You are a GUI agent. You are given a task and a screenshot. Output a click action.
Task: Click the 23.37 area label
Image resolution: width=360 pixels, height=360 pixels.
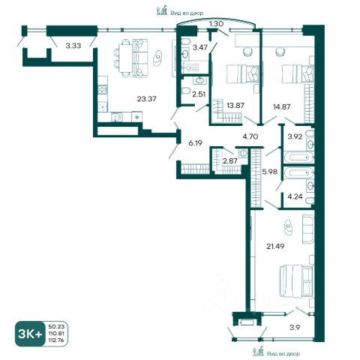pyautogui.click(x=146, y=99)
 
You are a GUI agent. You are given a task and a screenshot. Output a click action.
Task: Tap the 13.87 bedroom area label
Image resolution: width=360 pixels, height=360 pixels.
pyautogui.click(x=235, y=105)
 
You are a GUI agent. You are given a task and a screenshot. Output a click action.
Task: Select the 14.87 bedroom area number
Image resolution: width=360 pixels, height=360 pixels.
pyautogui.click(x=281, y=106)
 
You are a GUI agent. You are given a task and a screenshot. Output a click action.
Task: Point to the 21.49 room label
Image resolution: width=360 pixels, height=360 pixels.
pyautogui.click(x=275, y=246)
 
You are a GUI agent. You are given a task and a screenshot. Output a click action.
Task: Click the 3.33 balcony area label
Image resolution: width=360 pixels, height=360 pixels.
pyautogui.click(x=73, y=46)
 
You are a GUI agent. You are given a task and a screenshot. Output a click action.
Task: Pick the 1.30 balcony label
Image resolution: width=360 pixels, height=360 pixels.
pyautogui.click(x=216, y=24)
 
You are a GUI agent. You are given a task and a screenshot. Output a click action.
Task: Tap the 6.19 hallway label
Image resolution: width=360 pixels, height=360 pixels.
pyautogui.click(x=195, y=143)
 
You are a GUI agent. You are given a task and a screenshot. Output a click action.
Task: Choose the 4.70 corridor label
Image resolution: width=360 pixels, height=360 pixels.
pyautogui.click(x=250, y=136)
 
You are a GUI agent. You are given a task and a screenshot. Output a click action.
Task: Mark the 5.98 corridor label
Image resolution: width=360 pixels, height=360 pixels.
pyautogui.click(x=269, y=172)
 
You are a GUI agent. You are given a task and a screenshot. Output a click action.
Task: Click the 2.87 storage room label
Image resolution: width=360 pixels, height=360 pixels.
pyautogui.click(x=230, y=160)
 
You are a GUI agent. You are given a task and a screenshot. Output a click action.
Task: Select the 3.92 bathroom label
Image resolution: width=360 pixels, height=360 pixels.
pyautogui.click(x=295, y=136)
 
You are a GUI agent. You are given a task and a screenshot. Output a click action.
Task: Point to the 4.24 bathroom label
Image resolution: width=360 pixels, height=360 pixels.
pyautogui.click(x=295, y=196)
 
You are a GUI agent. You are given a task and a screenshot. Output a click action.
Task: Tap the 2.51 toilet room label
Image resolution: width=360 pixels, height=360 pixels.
pyautogui.click(x=199, y=94)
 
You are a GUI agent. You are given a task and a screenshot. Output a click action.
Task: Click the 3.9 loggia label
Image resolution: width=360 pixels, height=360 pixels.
pyautogui.click(x=295, y=327)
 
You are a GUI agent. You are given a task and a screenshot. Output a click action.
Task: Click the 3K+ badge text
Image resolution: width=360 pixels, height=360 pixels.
pyautogui.click(x=30, y=334)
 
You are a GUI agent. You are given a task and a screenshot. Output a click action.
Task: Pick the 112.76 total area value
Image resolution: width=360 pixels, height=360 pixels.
pyautogui.click(x=56, y=340)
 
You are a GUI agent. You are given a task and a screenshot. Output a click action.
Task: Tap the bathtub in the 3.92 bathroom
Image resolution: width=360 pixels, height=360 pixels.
pyautogui.click(x=298, y=157)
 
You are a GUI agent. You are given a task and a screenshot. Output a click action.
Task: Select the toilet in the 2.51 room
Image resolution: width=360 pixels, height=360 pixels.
pyautogui.click(x=186, y=90)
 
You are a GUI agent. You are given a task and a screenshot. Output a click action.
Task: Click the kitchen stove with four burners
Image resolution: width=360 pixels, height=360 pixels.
pyautogui.click(x=102, y=90)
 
